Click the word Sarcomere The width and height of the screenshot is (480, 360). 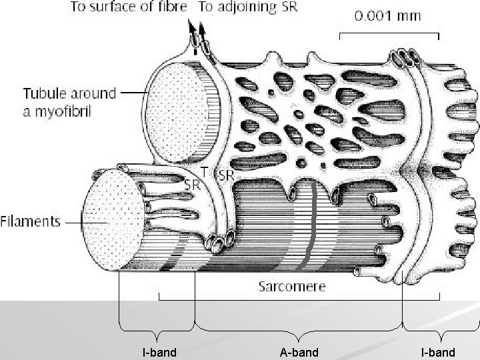(292, 287)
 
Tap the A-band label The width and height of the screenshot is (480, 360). (299, 351)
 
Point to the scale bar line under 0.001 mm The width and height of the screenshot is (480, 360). (390, 33)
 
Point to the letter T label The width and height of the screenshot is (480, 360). (204, 171)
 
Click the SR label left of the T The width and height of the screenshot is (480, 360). (192, 184)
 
